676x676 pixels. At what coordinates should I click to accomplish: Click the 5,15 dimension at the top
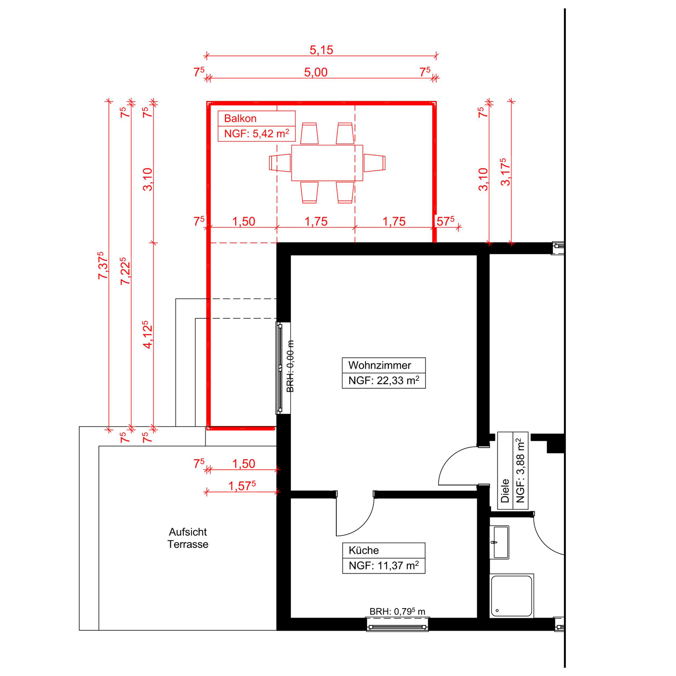tap(321, 50)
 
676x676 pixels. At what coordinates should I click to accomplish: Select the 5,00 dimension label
tap(316, 72)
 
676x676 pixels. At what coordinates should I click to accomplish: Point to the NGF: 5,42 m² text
tap(256, 134)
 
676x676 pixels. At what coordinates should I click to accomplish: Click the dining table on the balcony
tap(327, 163)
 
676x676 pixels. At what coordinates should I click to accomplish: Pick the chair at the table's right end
tap(375, 163)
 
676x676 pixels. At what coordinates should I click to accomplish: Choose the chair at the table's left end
tap(280, 163)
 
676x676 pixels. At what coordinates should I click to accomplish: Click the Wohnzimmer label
tap(380, 365)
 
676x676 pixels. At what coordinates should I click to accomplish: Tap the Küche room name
tap(363, 550)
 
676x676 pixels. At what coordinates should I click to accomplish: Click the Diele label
tap(505, 491)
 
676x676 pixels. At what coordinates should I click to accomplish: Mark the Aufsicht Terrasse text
tap(188, 538)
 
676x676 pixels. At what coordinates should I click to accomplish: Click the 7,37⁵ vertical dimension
tap(102, 265)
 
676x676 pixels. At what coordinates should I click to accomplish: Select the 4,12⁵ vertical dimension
tap(147, 334)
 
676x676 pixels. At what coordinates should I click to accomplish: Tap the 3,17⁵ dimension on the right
tap(505, 172)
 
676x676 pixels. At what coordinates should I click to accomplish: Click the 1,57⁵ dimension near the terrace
tap(242, 486)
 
